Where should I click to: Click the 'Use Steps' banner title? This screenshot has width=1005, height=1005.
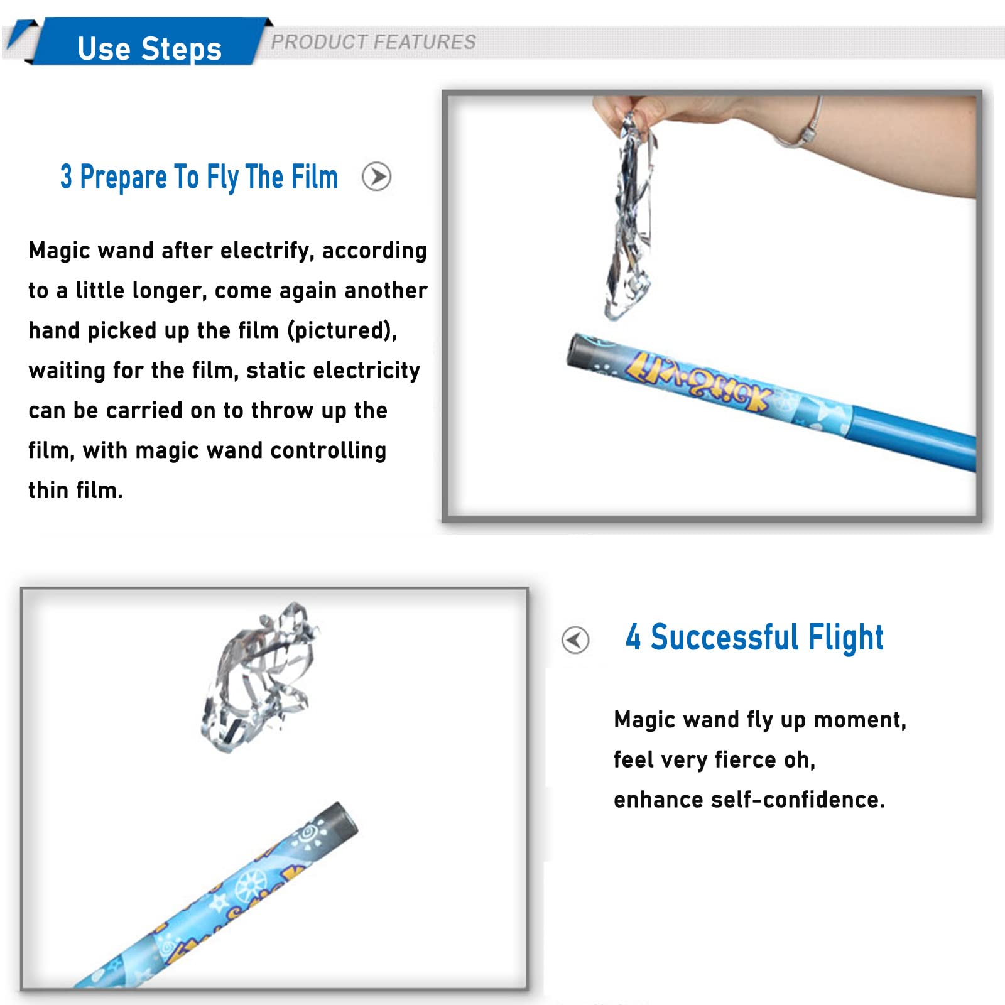point(149,49)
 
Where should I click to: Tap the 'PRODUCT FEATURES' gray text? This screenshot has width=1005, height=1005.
point(373,42)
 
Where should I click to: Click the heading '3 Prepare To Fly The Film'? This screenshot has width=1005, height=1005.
point(199,177)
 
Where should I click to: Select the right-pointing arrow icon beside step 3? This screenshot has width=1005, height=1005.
point(377,177)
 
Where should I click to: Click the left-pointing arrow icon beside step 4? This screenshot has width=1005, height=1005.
point(575,640)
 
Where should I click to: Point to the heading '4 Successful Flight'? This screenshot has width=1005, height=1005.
point(754,638)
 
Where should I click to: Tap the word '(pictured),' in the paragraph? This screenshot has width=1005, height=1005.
point(342,330)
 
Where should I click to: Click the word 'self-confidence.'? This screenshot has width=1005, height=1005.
point(798,800)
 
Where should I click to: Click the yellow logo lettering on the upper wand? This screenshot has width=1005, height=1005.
point(697,381)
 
